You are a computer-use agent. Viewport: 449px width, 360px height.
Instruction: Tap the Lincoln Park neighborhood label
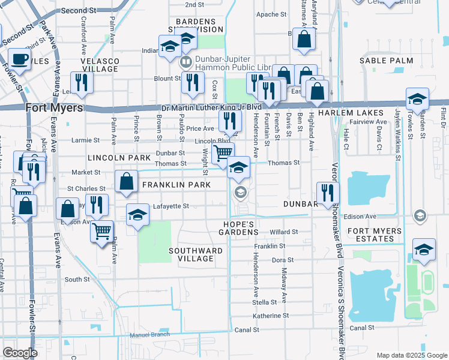(119, 158)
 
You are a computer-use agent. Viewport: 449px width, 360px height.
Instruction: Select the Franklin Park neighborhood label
(176, 185)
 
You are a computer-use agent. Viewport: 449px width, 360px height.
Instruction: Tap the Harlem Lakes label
(351, 113)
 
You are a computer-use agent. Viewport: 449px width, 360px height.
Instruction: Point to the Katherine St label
(271, 316)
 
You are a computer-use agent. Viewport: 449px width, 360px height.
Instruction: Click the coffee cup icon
(19, 59)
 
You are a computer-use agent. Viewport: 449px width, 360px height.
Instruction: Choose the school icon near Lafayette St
(137, 215)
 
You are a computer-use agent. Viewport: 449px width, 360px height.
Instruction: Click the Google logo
(20, 352)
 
